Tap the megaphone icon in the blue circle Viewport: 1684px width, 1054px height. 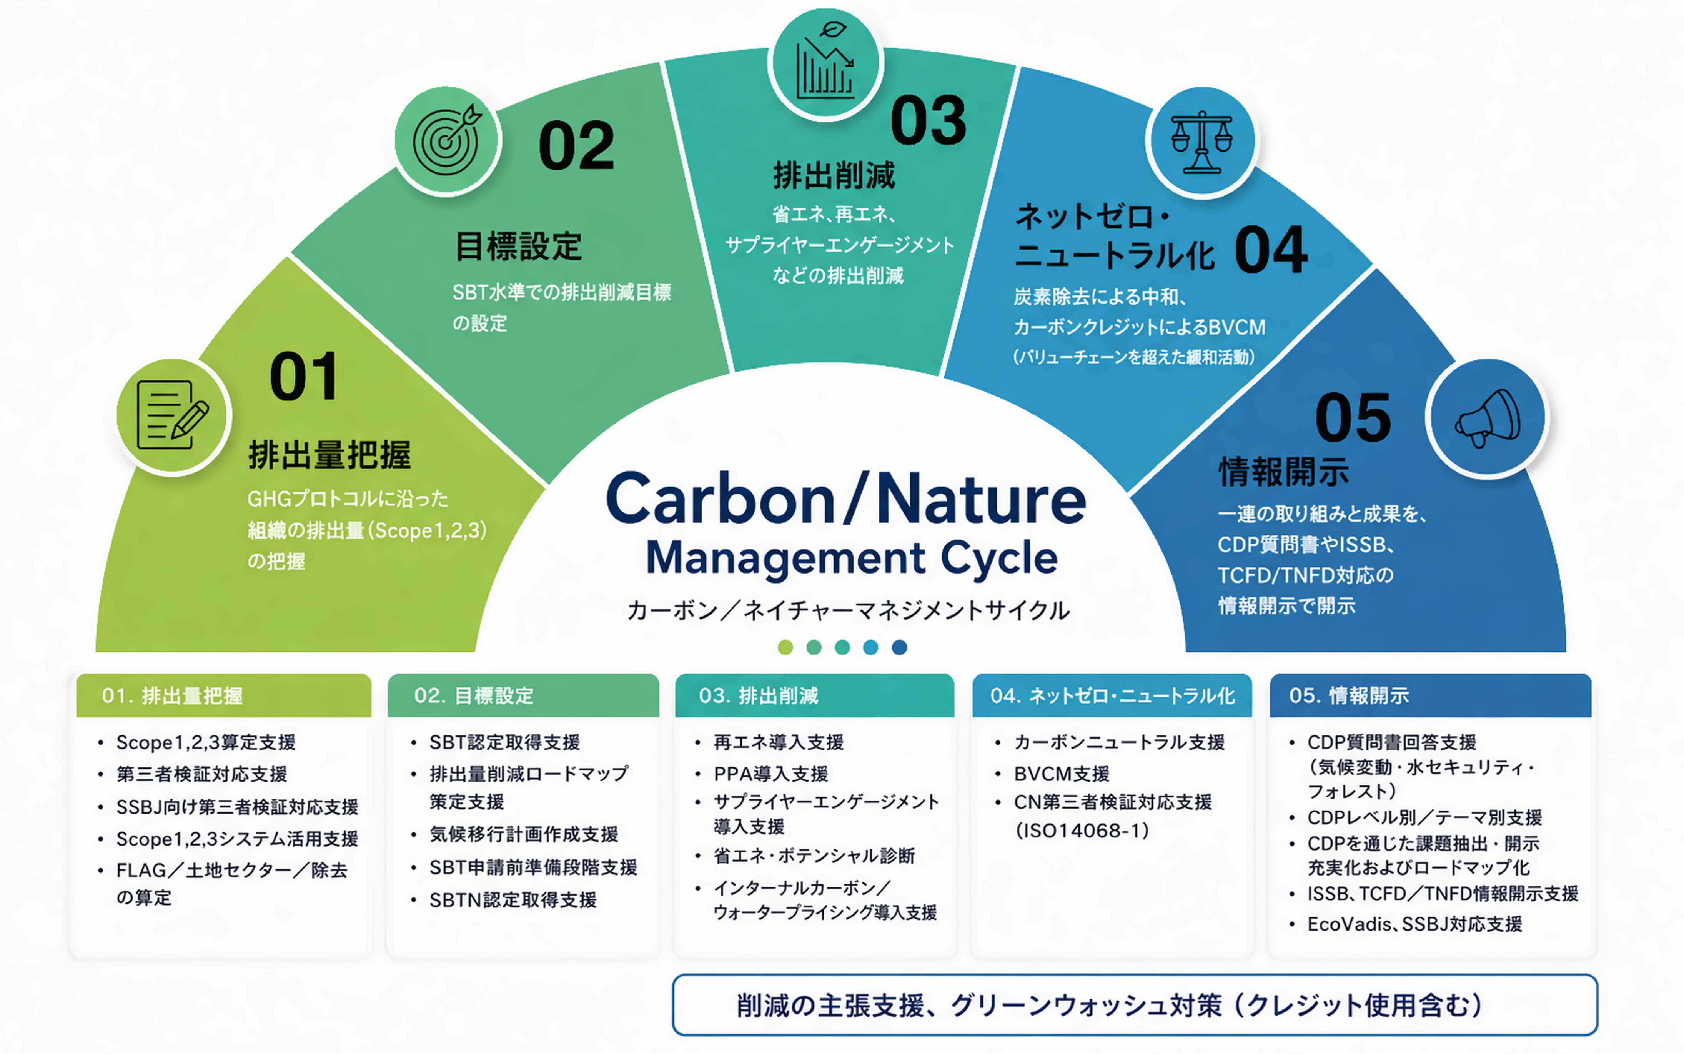pyautogui.click(x=1488, y=417)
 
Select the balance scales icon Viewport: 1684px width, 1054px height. pyautogui.click(x=1202, y=142)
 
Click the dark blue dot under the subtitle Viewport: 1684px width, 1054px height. pyautogui.click(x=900, y=648)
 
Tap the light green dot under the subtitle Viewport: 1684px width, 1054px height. pyautogui.click(x=785, y=648)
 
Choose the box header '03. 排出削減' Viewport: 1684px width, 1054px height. pyautogui.click(x=758, y=696)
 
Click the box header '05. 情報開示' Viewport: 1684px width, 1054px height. pyautogui.click(x=1349, y=696)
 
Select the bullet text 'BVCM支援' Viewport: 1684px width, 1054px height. pyautogui.click(x=1062, y=774)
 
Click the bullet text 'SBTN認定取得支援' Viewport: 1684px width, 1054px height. pyautogui.click(x=513, y=900)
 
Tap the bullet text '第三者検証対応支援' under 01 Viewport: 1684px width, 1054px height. pyautogui.click(x=202, y=774)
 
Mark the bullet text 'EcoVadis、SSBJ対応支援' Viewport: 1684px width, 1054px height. pyautogui.click(x=1414, y=924)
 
